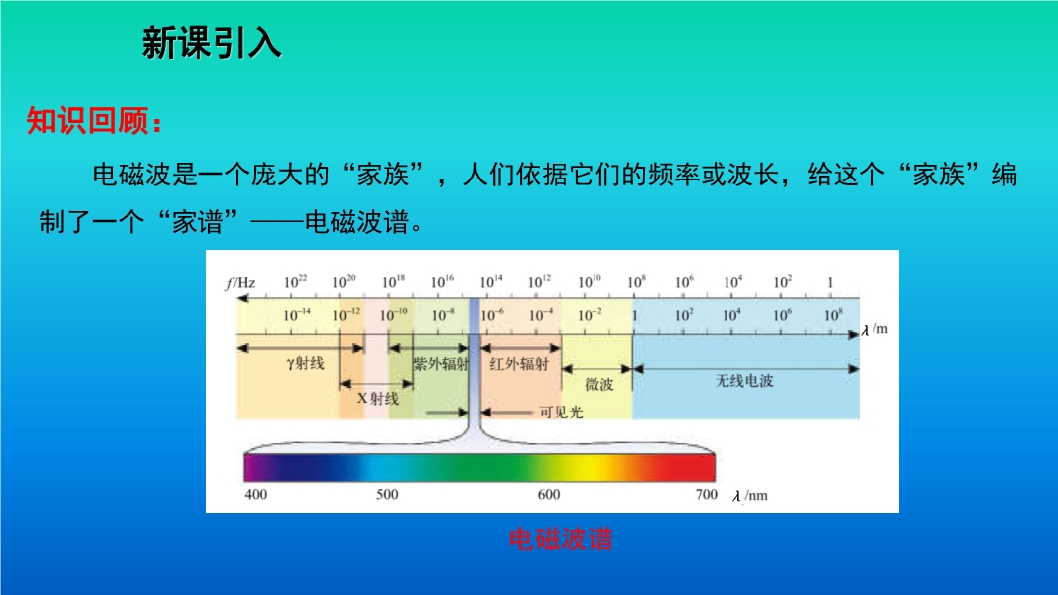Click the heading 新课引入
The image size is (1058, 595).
coord(211,43)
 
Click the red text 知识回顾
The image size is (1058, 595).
coord(87,121)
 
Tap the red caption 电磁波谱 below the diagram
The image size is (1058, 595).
coord(561,539)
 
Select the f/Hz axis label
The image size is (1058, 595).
coord(240,283)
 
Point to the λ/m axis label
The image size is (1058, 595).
coord(875,329)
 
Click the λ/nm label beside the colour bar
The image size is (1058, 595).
coord(750,495)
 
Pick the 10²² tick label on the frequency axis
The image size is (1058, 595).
coord(295,281)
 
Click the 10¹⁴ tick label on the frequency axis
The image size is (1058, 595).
coord(491,281)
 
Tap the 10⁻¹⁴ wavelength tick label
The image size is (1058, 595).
coord(296,314)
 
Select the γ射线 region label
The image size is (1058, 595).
coord(305,363)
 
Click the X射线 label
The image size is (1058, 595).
coord(378,399)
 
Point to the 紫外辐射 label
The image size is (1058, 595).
coord(442,365)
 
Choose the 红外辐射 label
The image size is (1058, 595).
coord(519,365)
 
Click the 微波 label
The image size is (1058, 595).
coord(599,384)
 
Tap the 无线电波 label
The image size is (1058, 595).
coord(744,381)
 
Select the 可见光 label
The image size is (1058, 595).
coord(561,412)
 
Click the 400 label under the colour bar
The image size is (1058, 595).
coord(256,494)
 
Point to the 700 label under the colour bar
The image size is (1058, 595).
coord(707,494)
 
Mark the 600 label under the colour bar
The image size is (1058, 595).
coord(549,494)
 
